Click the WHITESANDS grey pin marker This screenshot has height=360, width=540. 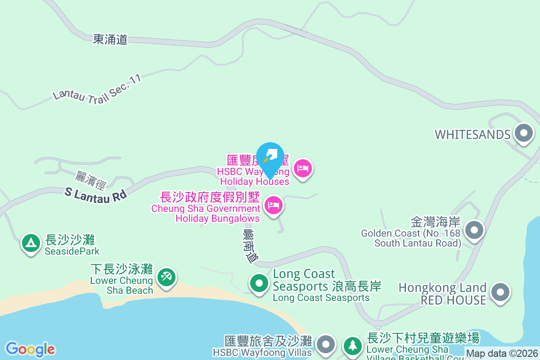click(x=523, y=133)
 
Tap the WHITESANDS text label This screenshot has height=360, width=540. click(x=472, y=135)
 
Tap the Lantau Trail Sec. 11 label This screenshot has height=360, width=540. click(x=97, y=87)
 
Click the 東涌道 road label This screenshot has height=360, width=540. click(x=110, y=39)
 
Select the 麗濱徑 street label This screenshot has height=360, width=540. click(x=90, y=180)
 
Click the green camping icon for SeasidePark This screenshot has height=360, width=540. click(x=31, y=243)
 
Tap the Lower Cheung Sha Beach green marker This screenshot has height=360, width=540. click(x=166, y=276)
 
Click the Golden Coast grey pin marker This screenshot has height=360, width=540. click(x=473, y=230)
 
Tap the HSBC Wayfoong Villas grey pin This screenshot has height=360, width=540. click(x=326, y=345)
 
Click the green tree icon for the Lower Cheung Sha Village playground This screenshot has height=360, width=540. click(x=353, y=346)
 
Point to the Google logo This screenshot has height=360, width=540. click(x=30, y=349)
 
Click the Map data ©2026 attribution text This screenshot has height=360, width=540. click(x=502, y=353)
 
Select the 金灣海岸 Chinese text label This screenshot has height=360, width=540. click(x=435, y=222)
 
